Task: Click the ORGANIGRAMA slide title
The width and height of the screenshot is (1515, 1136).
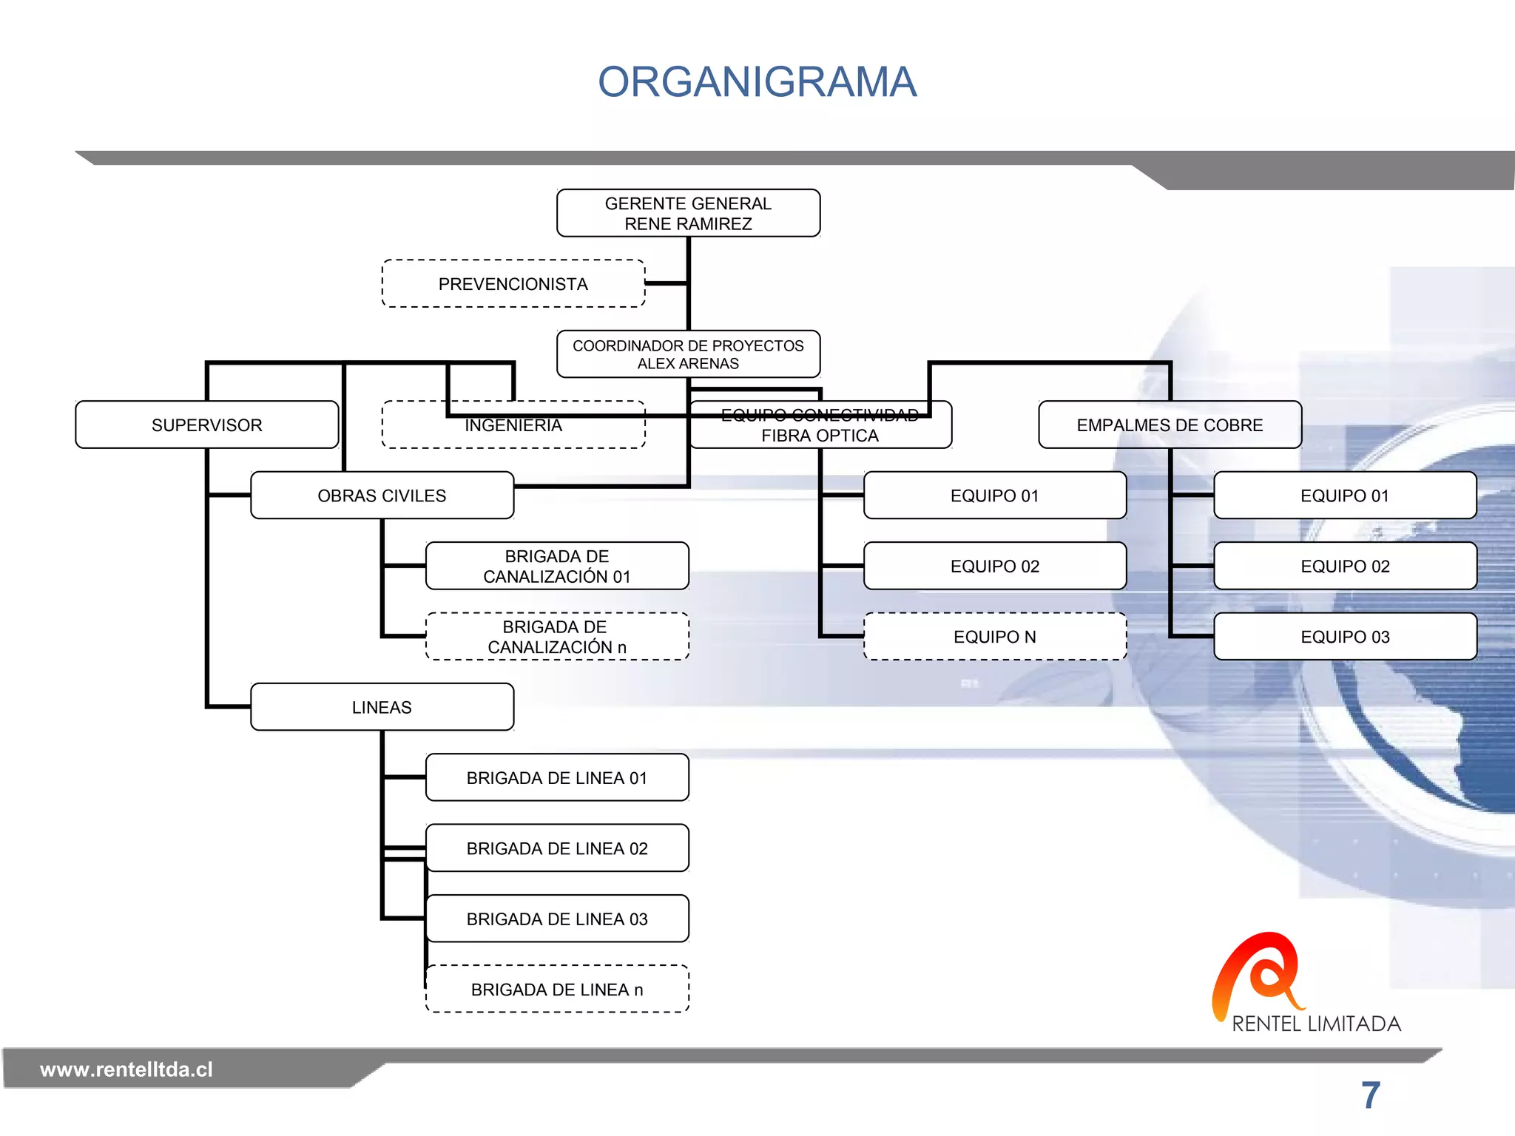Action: click(757, 81)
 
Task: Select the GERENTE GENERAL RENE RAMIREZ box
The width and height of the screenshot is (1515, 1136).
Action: click(688, 213)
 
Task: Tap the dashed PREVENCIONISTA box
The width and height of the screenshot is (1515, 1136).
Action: click(513, 284)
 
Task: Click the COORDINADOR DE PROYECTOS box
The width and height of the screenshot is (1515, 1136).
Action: click(688, 354)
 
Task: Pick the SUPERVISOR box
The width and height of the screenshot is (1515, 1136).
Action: click(206, 425)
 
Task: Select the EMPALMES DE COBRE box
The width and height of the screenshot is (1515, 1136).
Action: click(1170, 425)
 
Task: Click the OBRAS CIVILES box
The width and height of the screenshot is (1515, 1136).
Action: click(382, 496)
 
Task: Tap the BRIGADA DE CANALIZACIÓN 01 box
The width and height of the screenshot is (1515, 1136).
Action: click(556, 567)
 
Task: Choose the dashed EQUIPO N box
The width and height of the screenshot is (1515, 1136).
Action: click(994, 637)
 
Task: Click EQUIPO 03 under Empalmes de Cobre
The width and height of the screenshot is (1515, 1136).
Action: click(1345, 637)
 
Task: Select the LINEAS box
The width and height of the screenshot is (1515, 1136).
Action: click(382, 707)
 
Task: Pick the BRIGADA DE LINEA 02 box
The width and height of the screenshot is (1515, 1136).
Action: click(556, 848)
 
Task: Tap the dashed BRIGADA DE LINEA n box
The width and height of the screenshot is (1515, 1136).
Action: click(556, 990)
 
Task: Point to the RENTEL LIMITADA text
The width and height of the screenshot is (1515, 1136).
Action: click(1316, 1024)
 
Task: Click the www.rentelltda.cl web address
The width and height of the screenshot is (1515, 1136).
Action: click(126, 1069)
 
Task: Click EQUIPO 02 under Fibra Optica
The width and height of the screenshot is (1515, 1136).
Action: click(994, 567)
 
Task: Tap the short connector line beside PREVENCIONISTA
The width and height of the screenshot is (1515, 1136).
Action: click(666, 283)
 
